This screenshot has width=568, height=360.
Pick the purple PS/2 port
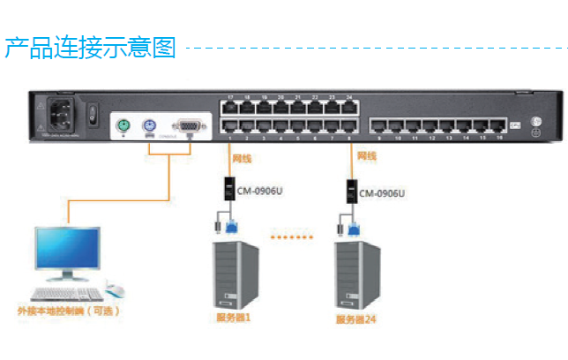click(x=149, y=126)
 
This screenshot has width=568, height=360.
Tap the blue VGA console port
click(x=187, y=126)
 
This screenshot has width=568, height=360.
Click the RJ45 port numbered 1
click(x=230, y=126)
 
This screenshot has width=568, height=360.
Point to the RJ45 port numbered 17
click(x=230, y=108)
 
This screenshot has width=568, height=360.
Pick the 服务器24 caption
click(x=356, y=319)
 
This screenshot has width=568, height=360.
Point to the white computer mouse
click(x=114, y=289)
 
